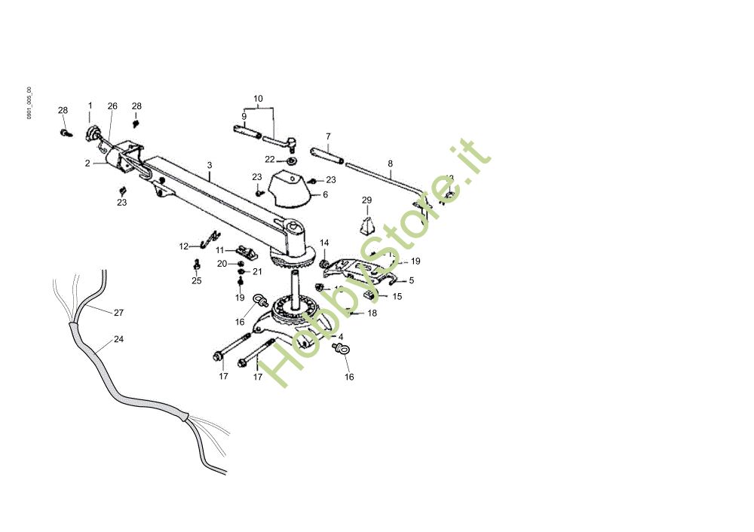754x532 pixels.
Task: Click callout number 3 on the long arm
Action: (210, 164)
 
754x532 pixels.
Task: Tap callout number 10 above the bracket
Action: (258, 99)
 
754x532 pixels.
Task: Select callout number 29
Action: (367, 200)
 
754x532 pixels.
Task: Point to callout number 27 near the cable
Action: (118, 312)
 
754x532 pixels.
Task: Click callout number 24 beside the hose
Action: (118, 339)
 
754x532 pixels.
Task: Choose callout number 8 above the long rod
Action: (391, 163)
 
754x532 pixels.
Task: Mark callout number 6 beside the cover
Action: (325, 194)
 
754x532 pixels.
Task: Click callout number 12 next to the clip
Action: (183, 246)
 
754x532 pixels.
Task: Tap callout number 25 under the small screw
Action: (196, 281)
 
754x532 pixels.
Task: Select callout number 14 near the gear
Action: (324, 243)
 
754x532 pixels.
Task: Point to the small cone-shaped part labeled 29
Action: (367, 225)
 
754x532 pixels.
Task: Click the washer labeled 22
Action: (292, 161)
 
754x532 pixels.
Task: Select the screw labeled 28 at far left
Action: (66, 133)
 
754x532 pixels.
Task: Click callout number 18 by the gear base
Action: (372, 313)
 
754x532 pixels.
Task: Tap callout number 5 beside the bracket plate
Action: (411, 280)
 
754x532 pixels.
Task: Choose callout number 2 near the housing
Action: (87, 163)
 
